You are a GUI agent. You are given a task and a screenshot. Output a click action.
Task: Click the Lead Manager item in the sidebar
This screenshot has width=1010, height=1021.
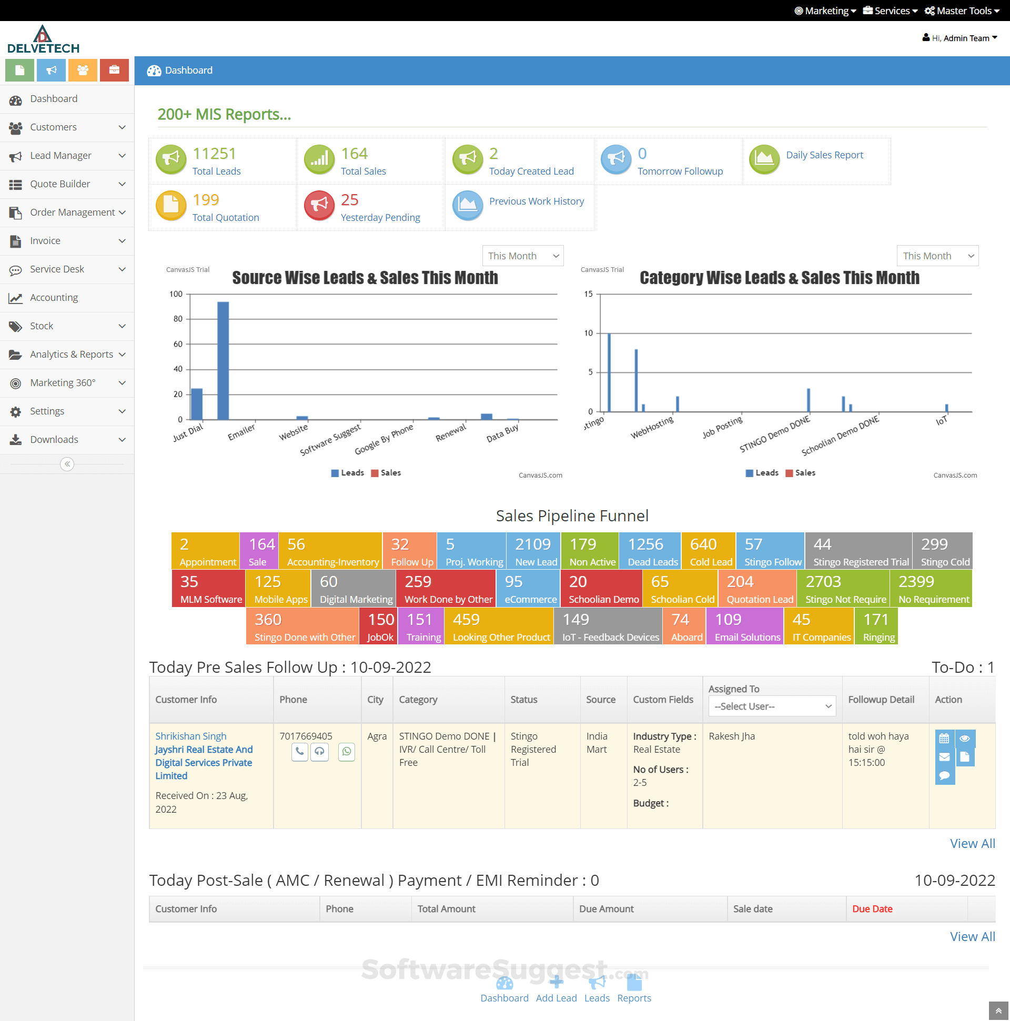60,155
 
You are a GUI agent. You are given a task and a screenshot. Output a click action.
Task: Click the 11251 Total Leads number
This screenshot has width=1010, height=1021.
214,154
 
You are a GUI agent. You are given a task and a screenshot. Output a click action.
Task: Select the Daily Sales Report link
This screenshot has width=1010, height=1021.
824,155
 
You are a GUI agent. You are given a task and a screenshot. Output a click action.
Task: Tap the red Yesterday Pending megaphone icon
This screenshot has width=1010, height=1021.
319,206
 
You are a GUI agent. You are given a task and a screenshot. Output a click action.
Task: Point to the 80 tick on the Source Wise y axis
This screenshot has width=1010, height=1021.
178,319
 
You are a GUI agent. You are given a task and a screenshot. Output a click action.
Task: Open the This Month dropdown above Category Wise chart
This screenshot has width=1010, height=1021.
937,256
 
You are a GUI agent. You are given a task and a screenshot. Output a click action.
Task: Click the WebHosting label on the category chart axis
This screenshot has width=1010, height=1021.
652,427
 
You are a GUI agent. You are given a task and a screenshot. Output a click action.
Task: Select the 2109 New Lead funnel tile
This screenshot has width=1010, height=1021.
533,551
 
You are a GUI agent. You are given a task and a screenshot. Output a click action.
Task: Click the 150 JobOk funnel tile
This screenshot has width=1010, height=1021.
379,626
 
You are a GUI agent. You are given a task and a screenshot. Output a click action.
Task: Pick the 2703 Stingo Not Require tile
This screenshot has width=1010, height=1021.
845,589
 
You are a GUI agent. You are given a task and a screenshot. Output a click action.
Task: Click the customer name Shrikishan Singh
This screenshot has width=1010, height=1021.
191,736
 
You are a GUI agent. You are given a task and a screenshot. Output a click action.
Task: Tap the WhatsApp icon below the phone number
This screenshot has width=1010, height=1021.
347,752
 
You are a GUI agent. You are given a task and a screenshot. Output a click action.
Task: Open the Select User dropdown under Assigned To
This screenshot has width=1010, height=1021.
772,706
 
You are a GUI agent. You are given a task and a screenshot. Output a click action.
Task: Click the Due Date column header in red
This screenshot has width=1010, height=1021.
872,909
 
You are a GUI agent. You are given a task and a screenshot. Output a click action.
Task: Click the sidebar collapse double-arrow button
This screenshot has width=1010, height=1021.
67,464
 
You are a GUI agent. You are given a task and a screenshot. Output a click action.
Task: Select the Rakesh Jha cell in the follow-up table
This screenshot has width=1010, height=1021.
732,736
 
